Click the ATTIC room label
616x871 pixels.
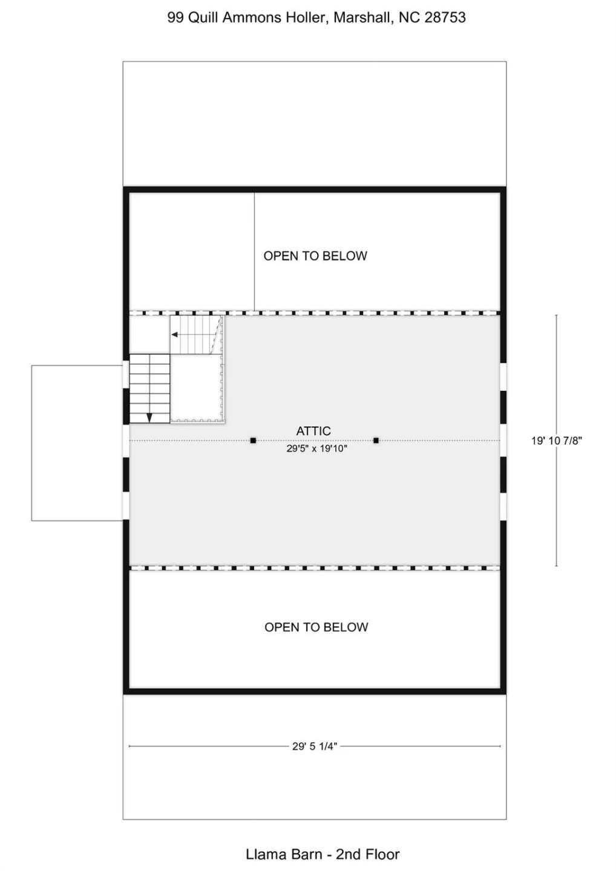[313, 431]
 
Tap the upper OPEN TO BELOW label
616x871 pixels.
[315, 256]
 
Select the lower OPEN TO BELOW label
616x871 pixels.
[316, 627]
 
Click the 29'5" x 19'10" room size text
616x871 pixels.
[316, 449]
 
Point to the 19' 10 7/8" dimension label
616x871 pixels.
[557, 440]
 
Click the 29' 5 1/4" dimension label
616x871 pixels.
[315, 746]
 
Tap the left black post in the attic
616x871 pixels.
[253, 440]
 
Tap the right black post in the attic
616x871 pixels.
[376, 440]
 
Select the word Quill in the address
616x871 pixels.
[203, 18]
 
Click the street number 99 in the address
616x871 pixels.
[175, 18]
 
